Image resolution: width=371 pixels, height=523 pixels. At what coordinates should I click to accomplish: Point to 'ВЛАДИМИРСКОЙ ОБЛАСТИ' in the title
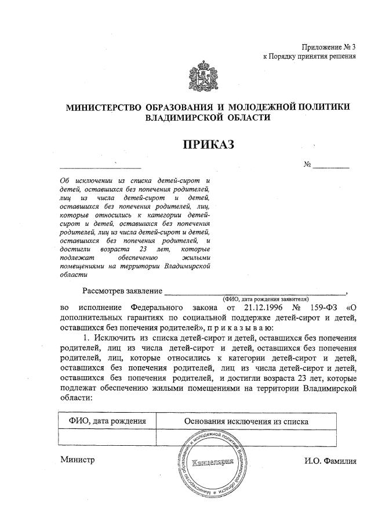point(208,117)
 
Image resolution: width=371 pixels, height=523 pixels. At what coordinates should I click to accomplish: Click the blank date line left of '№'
point(101,167)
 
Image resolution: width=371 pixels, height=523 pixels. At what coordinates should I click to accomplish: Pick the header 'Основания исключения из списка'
point(246,421)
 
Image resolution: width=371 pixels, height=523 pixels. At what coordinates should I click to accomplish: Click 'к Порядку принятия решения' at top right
point(308,56)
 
